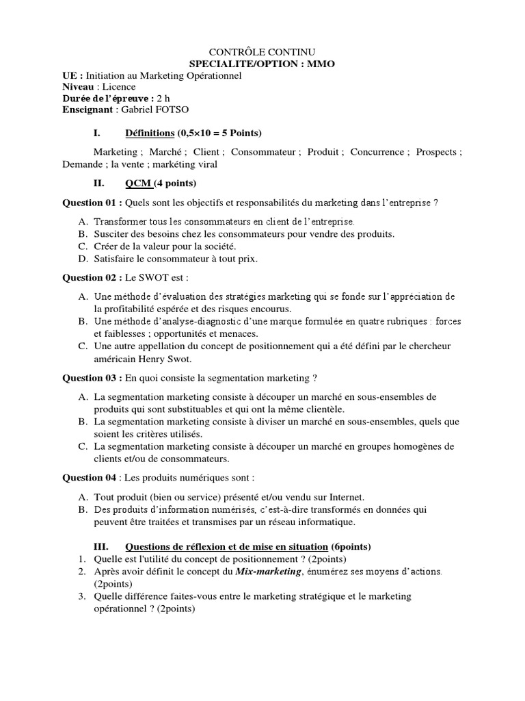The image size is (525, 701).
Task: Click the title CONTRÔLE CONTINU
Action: [262, 52]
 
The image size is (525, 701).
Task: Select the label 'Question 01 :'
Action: [92, 203]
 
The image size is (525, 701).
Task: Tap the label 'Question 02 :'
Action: [92, 279]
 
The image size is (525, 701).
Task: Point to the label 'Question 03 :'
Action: [92, 377]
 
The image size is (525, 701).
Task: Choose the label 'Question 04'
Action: [90, 476]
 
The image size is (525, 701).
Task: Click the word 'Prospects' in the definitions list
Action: [437, 152]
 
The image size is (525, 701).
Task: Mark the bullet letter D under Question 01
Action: [82, 258]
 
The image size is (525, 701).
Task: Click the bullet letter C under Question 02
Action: [82, 346]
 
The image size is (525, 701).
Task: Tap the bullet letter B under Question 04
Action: [82, 509]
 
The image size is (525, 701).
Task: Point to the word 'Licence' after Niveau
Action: [118, 87]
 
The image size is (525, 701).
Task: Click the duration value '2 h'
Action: [163, 98]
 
